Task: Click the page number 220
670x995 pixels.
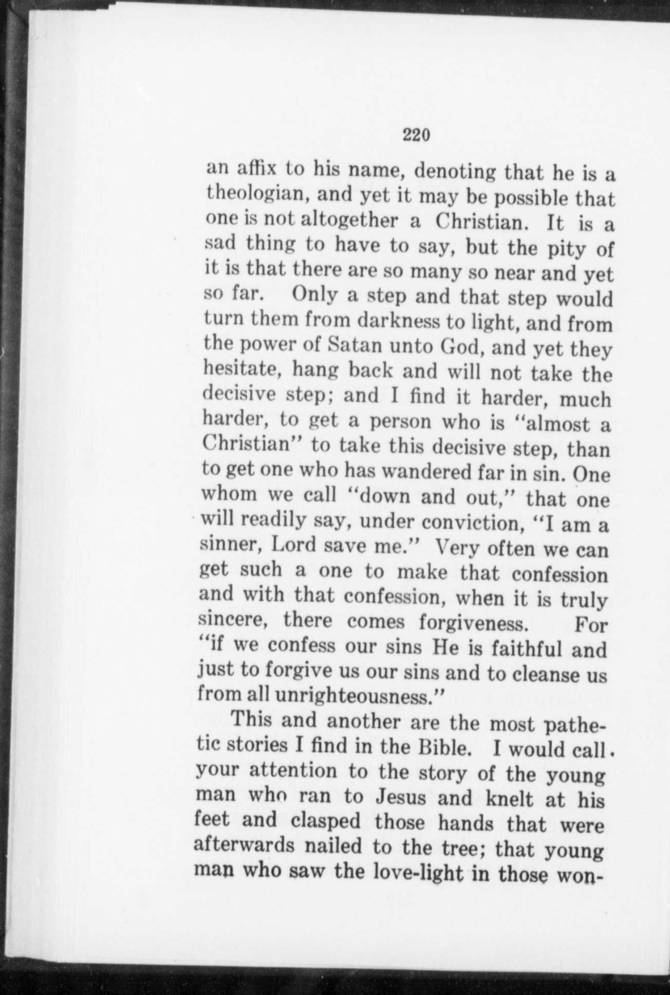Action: pyautogui.click(x=416, y=135)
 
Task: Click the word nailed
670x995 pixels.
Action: pyautogui.click(x=334, y=847)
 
